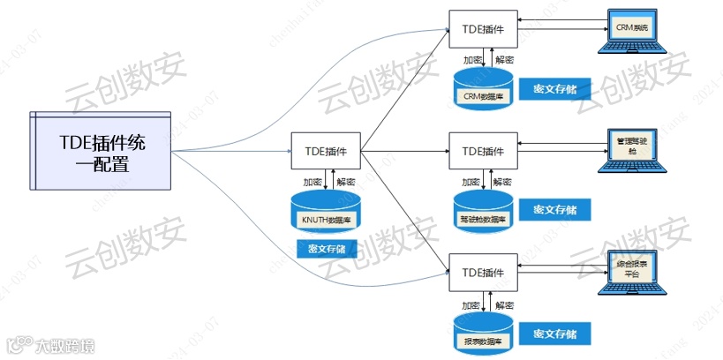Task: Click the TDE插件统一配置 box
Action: (102, 151)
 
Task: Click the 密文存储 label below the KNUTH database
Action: (327, 248)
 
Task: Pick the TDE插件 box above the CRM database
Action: (483, 29)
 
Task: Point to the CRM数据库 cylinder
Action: (483, 91)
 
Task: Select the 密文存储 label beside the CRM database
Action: (554, 89)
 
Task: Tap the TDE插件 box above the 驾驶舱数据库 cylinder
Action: (483, 151)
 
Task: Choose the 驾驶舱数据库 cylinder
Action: (483, 211)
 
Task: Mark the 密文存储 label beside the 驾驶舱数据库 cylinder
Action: (554, 210)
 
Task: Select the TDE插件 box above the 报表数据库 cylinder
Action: (483, 274)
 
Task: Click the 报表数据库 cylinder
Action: (483, 334)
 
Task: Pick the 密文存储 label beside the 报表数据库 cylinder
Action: (554, 334)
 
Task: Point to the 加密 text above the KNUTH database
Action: (313, 181)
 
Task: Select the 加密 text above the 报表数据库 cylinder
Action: (471, 304)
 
